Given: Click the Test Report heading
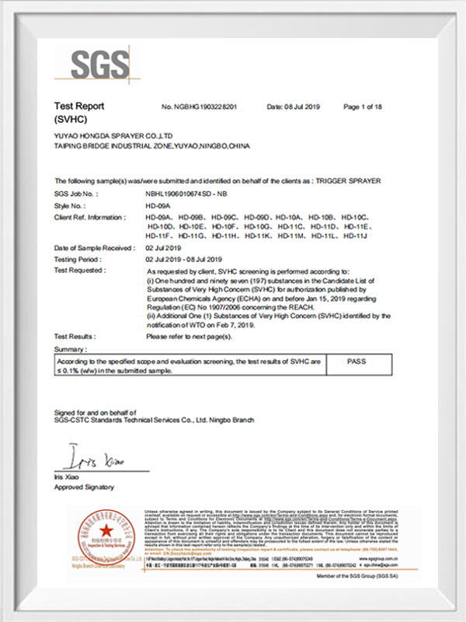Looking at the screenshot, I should [79, 106].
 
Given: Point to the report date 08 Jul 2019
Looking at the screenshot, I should [293, 107].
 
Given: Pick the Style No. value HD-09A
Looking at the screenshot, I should [158, 204].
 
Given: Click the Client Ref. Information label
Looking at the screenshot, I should [89, 217].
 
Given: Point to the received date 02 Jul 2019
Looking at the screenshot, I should [163, 247].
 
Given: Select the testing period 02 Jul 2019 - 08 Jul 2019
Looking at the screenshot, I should [184, 258].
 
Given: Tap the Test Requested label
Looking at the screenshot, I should [80, 269].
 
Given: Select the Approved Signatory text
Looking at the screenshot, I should [84, 487].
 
